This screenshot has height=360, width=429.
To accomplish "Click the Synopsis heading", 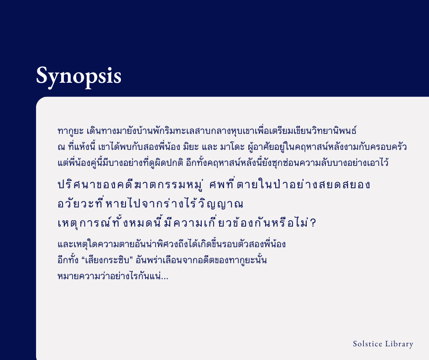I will point(78,75).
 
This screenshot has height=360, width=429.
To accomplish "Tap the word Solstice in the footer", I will point(367,344).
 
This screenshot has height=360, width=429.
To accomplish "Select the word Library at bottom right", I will point(399,344).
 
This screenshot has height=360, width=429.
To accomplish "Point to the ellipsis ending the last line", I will point(165,277).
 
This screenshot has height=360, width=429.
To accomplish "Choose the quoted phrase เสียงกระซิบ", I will point(108,261).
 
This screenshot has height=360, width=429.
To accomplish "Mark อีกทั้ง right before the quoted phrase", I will point(68,261).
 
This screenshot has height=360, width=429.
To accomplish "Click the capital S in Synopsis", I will point(42,75).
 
